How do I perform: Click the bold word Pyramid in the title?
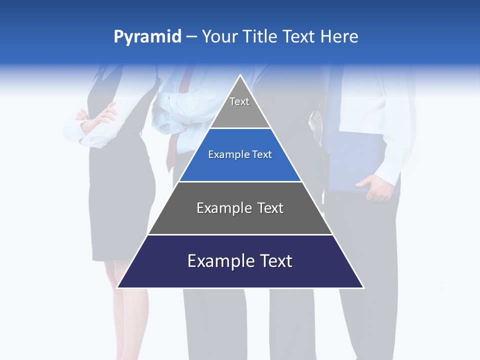point(147,37)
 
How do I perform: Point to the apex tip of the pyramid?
point(240,76)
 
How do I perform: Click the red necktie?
point(172,150)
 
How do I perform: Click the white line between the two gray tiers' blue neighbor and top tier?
point(240,128)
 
